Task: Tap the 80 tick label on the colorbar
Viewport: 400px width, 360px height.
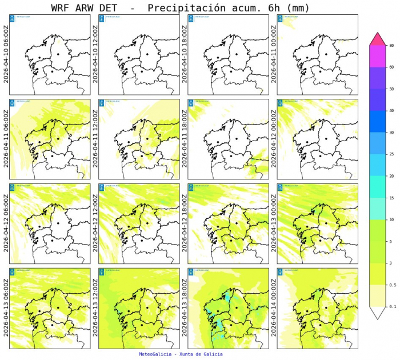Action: tap(391, 46)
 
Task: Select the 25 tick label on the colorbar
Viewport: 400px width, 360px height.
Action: tap(391, 154)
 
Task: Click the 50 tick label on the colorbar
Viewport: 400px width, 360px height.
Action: tap(391, 89)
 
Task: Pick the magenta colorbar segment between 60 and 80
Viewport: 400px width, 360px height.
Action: tap(378, 57)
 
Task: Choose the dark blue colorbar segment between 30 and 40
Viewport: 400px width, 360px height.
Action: tap(378, 122)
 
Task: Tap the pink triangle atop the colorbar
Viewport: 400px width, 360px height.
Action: tap(378, 39)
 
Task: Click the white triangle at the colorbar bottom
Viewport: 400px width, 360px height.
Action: tap(378, 313)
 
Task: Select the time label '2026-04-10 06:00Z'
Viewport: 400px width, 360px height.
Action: tap(6, 54)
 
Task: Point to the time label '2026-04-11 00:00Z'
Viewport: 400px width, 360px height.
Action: tap(273, 54)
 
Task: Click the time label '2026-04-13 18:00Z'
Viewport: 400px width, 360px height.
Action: tap(184, 308)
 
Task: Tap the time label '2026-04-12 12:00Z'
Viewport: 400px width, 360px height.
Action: tap(95, 223)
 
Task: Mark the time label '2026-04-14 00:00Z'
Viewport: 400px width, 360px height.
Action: tap(273, 308)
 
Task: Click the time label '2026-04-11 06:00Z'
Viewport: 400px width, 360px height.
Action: tap(6, 139)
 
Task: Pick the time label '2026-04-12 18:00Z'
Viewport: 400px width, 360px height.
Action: tap(184, 223)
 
